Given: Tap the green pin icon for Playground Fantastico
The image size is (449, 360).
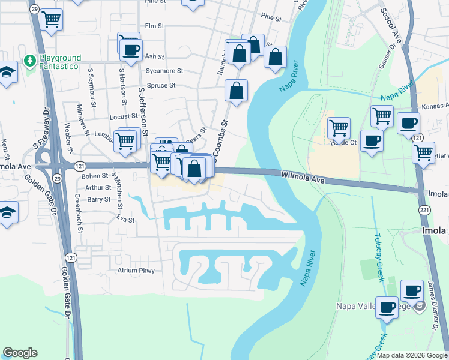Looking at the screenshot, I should click(29, 61).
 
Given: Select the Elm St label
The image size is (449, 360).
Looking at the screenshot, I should click(154, 26).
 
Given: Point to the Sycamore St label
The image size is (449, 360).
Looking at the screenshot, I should click(164, 71).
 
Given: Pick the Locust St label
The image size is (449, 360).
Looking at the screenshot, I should click(123, 116).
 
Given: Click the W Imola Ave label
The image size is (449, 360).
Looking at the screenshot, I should click(303, 176).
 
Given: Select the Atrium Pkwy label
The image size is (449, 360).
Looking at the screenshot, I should click(136, 271).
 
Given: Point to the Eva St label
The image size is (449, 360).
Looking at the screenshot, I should click(125, 220).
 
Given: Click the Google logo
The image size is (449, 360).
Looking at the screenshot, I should click(20, 353).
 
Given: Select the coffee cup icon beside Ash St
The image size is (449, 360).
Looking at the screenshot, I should click(131, 49).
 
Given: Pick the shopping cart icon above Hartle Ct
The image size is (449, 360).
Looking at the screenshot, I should click(339, 127).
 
